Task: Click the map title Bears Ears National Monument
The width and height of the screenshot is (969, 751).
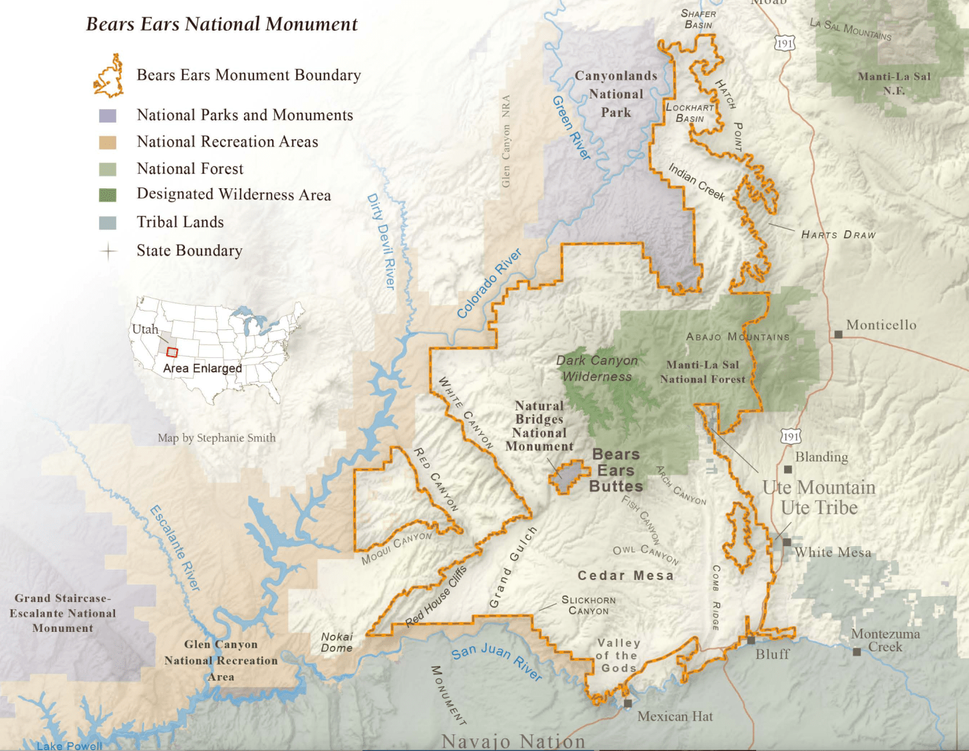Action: point(221,25)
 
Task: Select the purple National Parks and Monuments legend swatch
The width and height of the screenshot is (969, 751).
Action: point(108,116)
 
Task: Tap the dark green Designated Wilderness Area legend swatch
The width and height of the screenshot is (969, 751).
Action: point(108,195)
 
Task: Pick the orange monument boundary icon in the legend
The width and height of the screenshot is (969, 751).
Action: point(108,76)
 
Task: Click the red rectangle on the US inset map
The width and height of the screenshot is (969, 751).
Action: point(172,352)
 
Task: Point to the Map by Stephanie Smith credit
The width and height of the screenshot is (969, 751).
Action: point(216,438)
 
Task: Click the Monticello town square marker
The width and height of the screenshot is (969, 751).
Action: point(839,334)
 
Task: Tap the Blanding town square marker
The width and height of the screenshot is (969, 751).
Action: point(788,469)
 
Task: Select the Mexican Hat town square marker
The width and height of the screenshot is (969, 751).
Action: point(628,703)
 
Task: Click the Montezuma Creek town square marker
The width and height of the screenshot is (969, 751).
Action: point(857,652)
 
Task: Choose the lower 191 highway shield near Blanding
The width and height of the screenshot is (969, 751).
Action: point(790,436)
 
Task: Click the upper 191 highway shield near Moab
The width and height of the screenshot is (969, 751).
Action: point(785,44)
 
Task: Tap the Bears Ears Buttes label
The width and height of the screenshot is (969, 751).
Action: point(616,470)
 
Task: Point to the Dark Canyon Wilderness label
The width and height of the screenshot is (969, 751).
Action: point(597,369)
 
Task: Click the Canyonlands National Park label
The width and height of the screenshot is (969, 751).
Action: point(616,94)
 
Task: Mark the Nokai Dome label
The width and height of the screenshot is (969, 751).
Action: point(337,643)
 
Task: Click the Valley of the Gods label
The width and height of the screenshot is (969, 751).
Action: point(619,655)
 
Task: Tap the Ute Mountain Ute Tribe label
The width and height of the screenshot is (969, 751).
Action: point(819,498)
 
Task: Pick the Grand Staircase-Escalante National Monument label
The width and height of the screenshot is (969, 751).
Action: point(63,613)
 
